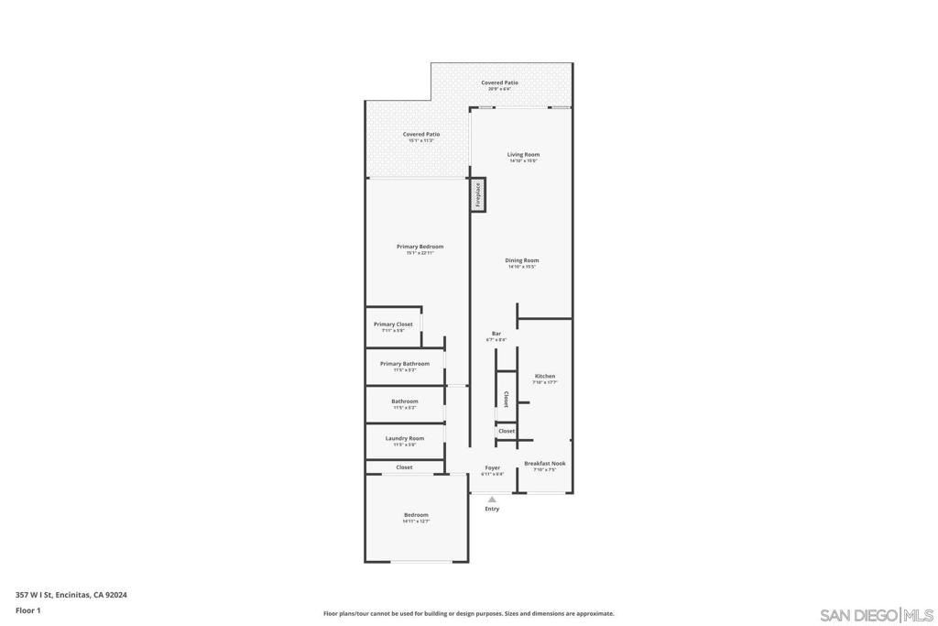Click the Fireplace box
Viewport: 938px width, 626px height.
[477, 195]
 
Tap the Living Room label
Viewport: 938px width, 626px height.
[523, 155]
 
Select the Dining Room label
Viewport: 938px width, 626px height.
[521, 260]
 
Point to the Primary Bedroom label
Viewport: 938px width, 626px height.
[420, 247]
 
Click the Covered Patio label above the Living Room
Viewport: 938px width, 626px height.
[499, 82]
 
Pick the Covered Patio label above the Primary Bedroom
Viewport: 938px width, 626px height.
[420, 135]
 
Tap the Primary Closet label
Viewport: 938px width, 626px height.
[393, 324]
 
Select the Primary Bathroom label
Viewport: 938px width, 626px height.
[404, 364]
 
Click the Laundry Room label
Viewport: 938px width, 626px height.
[404, 438]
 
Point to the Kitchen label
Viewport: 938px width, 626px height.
[544, 377]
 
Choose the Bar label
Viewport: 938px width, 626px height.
[496, 334]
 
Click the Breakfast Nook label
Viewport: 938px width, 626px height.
[544, 464]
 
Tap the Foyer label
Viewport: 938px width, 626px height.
[492, 468]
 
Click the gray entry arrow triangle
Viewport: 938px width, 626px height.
[492, 500]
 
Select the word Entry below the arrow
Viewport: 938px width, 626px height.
[492, 509]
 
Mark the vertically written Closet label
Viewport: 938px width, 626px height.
[506, 399]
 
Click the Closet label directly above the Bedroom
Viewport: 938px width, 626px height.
[404, 467]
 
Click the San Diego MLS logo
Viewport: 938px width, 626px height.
[877, 614]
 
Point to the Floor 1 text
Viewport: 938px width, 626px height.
[28, 610]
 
